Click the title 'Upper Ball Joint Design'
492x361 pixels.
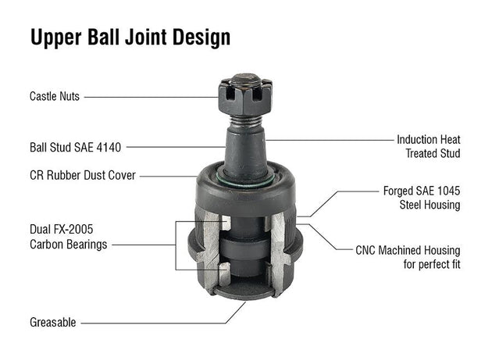click(130, 38)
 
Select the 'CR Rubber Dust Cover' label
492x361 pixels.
click(82, 175)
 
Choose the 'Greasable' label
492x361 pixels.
click(53, 322)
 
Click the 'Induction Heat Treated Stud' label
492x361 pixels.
click(428, 146)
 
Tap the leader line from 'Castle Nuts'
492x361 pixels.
click(148, 97)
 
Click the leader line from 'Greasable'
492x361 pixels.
click(156, 322)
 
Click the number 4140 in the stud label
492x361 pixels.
click(112, 146)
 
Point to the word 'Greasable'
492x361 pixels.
click(53, 322)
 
